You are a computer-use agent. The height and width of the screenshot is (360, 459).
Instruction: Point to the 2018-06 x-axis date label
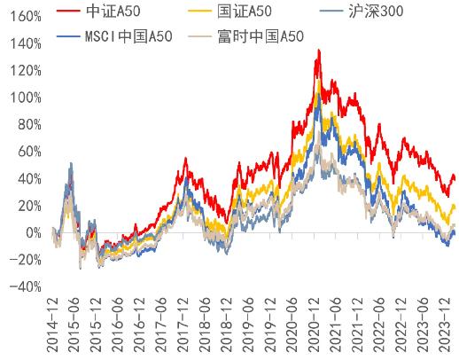pyautogui.click(x=206, y=325)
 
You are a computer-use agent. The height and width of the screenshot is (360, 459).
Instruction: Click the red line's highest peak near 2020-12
pyautogui.click(x=318, y=51)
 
